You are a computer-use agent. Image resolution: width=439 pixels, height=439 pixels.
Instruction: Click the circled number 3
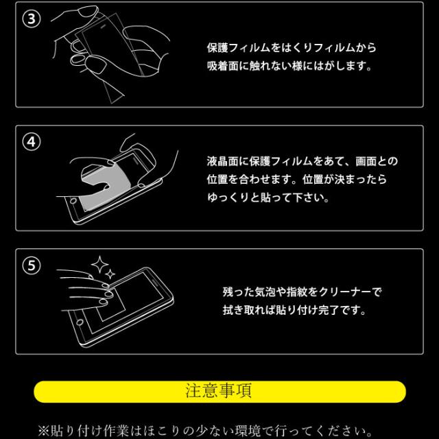pyautogui.click(x=32, y=19)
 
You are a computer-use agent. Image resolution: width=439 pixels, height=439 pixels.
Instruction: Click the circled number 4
pyautogui.click(x=32, y=142)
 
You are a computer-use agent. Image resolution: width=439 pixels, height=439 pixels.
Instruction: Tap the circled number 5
pyautogui.click(x=32, y=265)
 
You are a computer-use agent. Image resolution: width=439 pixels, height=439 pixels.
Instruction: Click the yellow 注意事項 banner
pyautogui.click(x=219, y=392)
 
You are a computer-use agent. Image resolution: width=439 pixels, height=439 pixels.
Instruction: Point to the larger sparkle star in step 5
pyautogui.click(x=99, y=265)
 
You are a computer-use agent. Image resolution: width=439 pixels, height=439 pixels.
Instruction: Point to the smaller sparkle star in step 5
pyautogui.click(x=110, y=274)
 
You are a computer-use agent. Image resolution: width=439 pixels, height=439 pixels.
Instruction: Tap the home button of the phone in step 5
pyautogui.click(x=80, y=322)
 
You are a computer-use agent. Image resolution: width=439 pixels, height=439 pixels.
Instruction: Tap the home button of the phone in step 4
pyautogui.click(x=73, y=201)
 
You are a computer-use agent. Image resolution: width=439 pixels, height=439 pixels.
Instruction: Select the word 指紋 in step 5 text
pyautogui.click(x=297, y=292)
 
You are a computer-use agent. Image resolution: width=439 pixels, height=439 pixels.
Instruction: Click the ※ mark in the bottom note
pyautogui.click(x=44, y=431)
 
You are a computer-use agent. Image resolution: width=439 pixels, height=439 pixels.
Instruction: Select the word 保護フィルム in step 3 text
pyautogui.click(x=239, y=48)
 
